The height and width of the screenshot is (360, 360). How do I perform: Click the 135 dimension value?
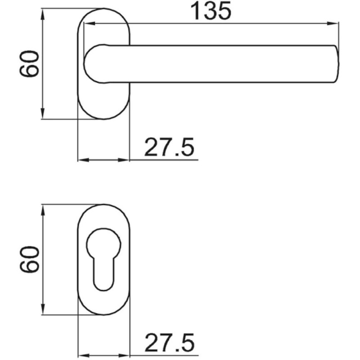tap(211, 11)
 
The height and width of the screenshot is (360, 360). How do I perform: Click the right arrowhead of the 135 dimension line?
tap(333, 24)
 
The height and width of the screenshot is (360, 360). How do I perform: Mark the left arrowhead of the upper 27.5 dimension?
tap(83, 160)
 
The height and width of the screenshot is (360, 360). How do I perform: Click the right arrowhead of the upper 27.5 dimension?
tap(125, 160)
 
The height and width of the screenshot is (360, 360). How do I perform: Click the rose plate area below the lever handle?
tap(104, 101)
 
